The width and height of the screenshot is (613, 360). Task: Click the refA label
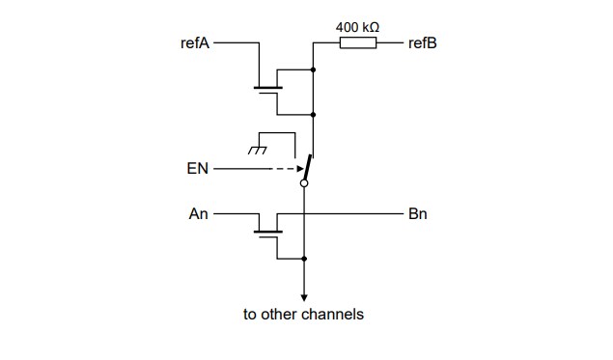click(194, 43)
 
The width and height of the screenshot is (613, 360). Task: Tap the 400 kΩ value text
click(357, 26)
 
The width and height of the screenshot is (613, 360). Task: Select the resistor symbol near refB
click(358, 43)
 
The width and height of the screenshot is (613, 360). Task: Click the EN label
click(197, 169)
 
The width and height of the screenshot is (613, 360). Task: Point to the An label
click(199, 214)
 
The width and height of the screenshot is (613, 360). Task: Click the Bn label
click(418, 214)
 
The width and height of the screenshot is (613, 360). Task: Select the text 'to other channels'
click(303, 315)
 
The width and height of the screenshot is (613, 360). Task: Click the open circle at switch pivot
click(305, 181)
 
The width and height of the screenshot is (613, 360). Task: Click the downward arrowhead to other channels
click(305, 297)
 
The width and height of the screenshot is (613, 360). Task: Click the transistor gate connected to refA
click(267, 90)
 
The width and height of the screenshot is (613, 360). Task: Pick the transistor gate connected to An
click(267, 232)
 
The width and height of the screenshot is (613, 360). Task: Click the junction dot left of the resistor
click(314, 69)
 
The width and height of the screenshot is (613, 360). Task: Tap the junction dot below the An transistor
click(305, 259)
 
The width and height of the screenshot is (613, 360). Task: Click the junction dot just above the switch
click(314, 115)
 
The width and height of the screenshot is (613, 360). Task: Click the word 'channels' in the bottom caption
click(334, 315)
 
